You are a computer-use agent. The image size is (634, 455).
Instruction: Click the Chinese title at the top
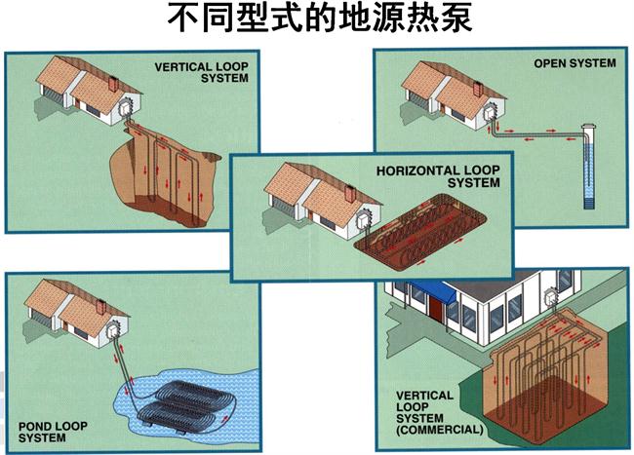point(317,19)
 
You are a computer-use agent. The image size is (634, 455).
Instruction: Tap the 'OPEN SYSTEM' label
point(575,63)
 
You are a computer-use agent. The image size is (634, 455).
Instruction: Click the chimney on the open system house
point(477,89)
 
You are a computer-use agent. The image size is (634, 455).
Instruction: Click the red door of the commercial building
point(434,304)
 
